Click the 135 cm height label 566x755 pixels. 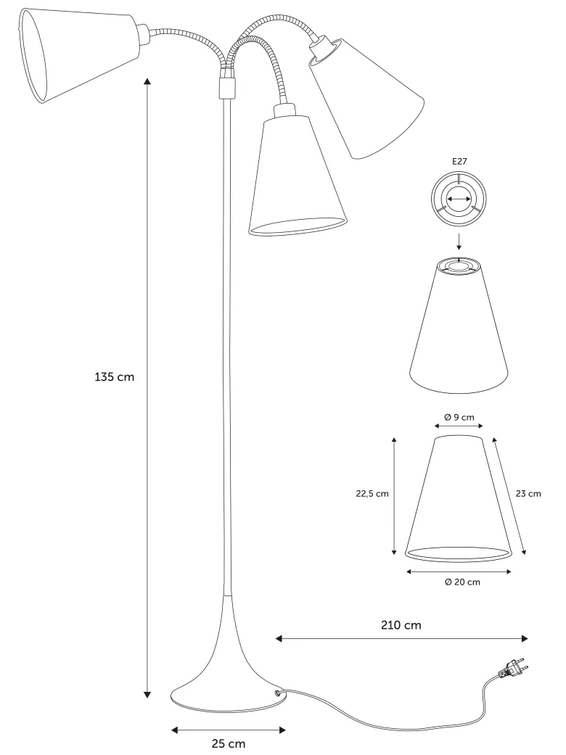tap(114, 377)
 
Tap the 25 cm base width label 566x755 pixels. tap(229, 744)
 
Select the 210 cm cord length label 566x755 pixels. tap(401, 625)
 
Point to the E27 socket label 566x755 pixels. tap(459, 162)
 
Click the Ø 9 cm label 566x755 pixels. tap(459, 417)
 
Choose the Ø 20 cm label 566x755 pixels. tap(462, 582)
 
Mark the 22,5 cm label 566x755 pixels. tap(372, 494)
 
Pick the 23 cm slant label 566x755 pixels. tap(528, 494)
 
